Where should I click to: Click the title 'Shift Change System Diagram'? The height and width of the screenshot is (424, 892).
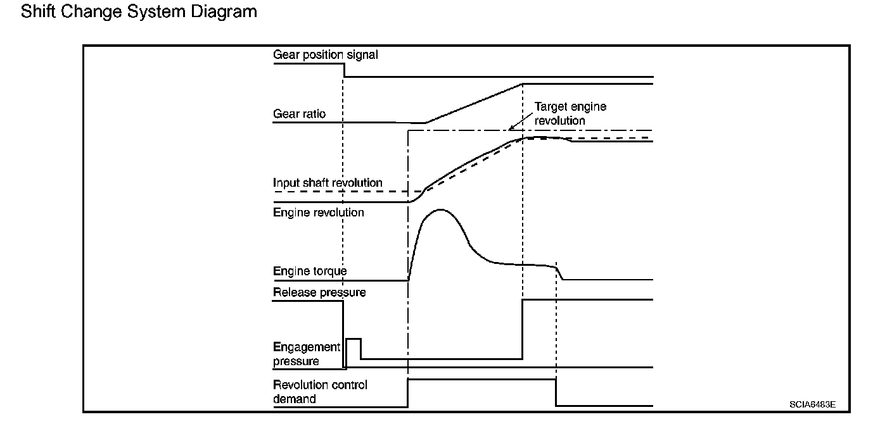coord(139,11)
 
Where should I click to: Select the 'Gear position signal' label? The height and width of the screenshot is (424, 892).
coord(325,55)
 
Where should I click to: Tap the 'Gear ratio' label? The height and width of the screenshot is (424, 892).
coord(299,114)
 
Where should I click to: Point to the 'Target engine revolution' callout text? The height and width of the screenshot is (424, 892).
coord(570,113)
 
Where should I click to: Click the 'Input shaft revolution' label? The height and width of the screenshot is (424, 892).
coord(328,183)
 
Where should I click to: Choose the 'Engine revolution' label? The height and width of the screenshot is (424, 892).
coord(318,213)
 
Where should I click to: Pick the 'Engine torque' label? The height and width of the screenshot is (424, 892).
coord(310,271)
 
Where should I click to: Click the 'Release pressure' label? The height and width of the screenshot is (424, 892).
coord(319,292)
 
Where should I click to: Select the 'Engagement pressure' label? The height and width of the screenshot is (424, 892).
coord(306,354)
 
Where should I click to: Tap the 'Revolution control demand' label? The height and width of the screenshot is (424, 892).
coord(320,392)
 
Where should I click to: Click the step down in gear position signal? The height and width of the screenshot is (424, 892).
coord(344,70)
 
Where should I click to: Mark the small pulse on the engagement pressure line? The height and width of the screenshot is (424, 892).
coord(353,340)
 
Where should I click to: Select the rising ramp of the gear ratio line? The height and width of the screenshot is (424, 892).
coord(474,103)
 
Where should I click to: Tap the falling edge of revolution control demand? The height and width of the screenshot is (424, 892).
coord(556,393)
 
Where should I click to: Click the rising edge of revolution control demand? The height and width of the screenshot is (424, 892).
coord(409,393)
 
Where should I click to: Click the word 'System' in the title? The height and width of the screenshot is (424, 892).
coord(156,11)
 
